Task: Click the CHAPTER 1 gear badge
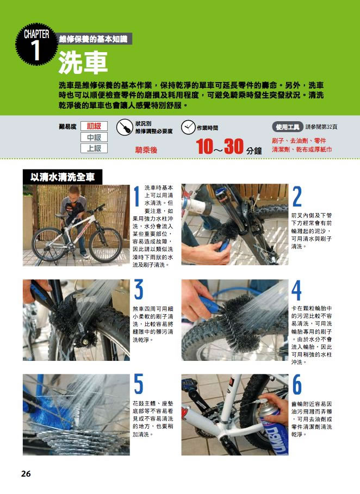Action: (36, 44)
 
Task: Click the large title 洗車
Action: (83, 62)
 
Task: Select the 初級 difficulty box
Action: (94, 126)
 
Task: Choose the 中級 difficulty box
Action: (94, 137)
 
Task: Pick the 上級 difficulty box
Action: (94, 148)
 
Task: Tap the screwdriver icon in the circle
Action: (125, 127)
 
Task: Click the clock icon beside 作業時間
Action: (188, 127)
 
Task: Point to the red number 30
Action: (234, 147)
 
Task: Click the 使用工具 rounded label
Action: (288, 127)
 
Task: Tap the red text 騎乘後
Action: (146, 150)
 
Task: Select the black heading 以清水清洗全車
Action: (63, 177)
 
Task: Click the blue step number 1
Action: (137, 197)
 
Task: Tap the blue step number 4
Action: (296, 290)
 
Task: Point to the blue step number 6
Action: (297, 384)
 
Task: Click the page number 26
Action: (26, 473)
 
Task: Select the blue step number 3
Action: (139, 290)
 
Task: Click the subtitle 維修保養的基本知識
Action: (94, 39)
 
